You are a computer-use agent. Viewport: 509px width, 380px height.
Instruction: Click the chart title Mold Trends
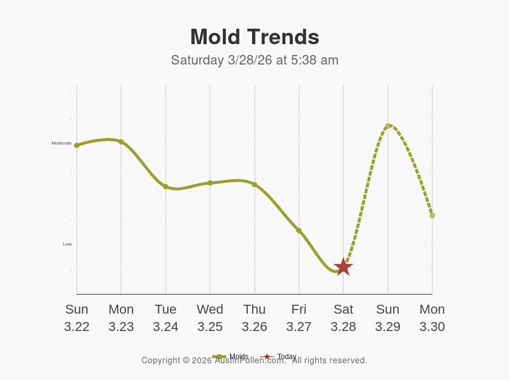254,37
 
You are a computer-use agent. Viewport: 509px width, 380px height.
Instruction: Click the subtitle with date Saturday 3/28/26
254,60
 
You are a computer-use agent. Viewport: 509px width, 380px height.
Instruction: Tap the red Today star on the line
343,267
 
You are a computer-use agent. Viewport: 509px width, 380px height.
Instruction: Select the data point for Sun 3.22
76,145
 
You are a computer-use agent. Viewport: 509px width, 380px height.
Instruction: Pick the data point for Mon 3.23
121,142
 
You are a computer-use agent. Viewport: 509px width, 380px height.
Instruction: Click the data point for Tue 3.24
165,186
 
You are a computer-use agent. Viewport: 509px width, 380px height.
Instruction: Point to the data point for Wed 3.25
210,183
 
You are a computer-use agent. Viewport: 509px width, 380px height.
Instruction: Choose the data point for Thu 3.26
254,185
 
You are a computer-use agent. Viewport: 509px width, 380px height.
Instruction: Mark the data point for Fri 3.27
299,231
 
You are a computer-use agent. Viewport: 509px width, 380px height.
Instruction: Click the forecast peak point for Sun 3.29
388,126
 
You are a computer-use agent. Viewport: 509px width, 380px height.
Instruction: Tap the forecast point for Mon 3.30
432,216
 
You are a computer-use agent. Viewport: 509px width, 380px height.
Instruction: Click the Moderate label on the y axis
62,143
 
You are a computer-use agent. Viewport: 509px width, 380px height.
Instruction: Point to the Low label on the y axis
67,244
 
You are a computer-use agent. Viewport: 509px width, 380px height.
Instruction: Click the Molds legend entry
238,357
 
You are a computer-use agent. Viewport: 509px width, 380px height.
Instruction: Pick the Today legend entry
286,357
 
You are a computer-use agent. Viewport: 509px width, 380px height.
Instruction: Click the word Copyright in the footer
161,361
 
